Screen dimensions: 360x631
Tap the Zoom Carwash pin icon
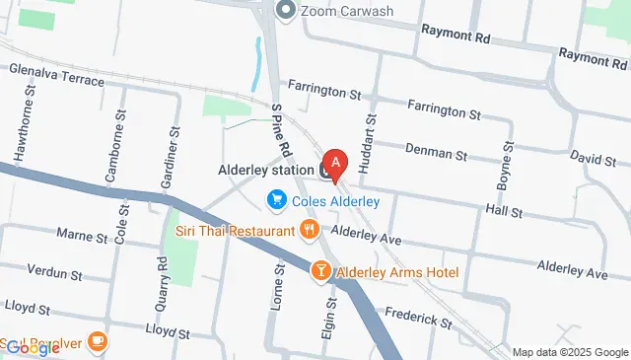point(287,11)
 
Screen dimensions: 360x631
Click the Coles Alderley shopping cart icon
point(277,201)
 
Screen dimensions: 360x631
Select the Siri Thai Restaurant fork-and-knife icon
point(310,230)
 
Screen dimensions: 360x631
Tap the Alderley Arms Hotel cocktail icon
point(320,270)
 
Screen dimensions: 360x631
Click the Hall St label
point(503,212)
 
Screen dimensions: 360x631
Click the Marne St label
point(82,237)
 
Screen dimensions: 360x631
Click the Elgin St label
point(328,321)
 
